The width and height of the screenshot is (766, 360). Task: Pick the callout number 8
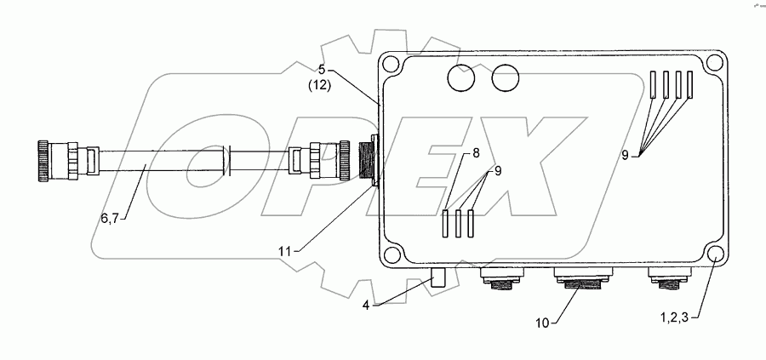coord(476,154)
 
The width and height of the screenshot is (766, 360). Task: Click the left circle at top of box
coord(464,78)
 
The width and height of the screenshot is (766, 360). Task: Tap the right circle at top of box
coord(506,78)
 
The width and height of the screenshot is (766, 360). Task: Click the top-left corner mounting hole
coord(392,65)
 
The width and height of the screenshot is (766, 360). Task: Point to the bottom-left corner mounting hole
coord(392,254)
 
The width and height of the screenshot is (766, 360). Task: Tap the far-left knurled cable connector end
coord(42,160)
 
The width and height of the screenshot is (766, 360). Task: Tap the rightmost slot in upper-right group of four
coord(689,83)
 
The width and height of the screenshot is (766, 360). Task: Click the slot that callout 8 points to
coord(446,223)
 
